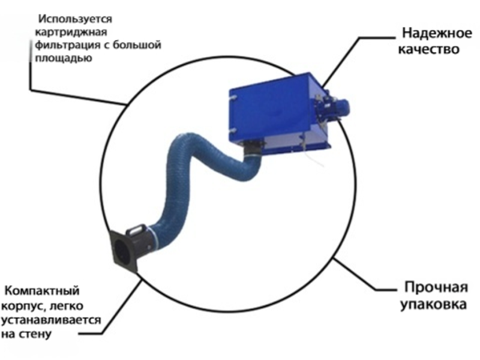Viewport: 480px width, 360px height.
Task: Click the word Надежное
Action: click(x=437, y=33)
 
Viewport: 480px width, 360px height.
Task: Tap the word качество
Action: click(x=428, y=49)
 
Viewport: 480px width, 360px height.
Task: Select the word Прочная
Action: click(x=436, y=288)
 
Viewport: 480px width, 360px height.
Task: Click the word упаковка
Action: click(x=433, y=304)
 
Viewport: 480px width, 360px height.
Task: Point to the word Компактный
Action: click(x=42, y=290)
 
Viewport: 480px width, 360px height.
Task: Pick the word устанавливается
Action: click(x=51, y=320)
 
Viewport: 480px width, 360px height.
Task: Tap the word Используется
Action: click(x=76, y=19)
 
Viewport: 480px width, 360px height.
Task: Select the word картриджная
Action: click(x=71, y=32)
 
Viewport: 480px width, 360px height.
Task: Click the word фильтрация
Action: click(x=67, y=45)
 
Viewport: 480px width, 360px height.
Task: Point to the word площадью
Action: click(x=64, y=58)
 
